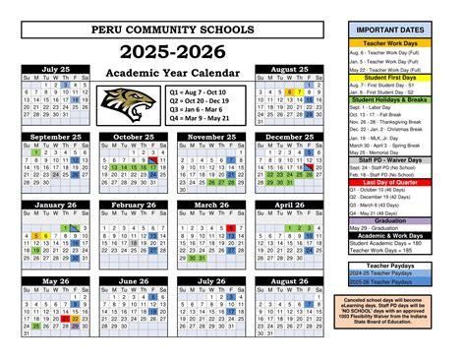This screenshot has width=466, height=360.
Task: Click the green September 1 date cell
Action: (x=35, y=153)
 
